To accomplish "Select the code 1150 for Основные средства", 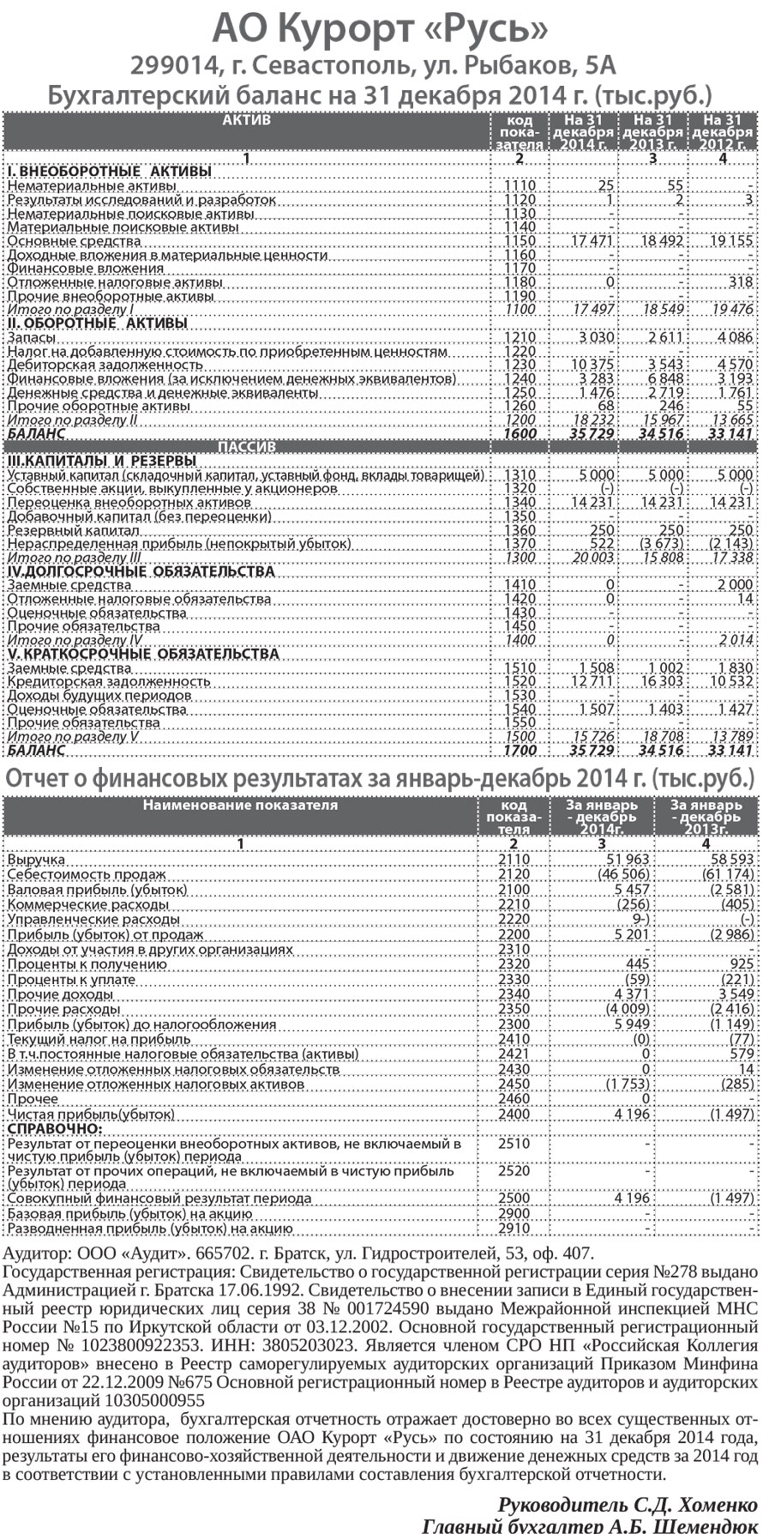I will [x=520, y=241].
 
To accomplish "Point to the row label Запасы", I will [x=30, y=338].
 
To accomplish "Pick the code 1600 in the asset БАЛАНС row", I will [x=520, y=434].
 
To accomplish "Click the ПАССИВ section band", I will [x=246, y=447].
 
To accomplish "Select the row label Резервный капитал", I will [x=72, y=530].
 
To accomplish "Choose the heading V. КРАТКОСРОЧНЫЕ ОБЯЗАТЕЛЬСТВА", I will [x=143, y=654].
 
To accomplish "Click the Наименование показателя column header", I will [x=240, y=806].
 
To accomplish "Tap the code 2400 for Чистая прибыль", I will [x=514, y=1114].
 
